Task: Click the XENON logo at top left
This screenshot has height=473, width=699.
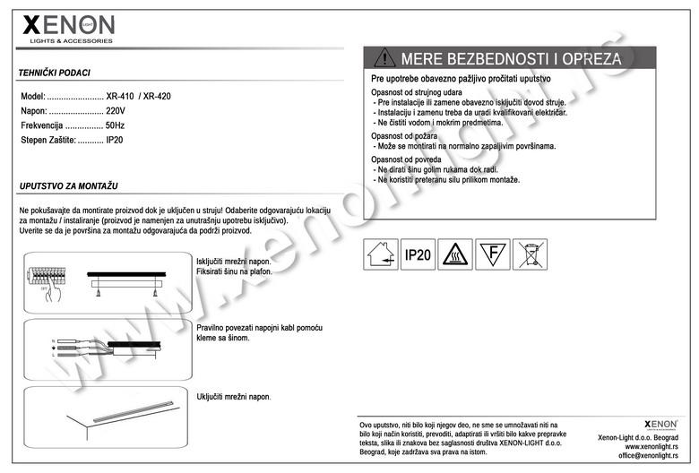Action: click(x=68, y=28)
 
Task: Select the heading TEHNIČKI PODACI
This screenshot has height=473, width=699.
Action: click(x=54, y=73)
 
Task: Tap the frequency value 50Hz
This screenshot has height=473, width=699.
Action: click(x=115, y=126)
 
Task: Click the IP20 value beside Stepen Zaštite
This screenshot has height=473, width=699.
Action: click(x=115, y=142)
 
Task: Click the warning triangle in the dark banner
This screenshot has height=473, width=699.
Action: click(x=384, y=58)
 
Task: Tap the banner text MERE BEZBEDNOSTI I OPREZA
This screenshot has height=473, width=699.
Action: click(x=511, y=59)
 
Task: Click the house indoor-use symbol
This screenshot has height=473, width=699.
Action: click(x=380, y=255)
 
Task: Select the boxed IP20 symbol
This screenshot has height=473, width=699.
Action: click(x=418, y=255)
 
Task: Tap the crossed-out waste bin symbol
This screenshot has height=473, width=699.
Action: click(x=530, y=255)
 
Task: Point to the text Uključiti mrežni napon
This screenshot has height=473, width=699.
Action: click(x=233, y=396)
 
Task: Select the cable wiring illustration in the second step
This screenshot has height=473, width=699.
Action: click(x=108, y=346)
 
